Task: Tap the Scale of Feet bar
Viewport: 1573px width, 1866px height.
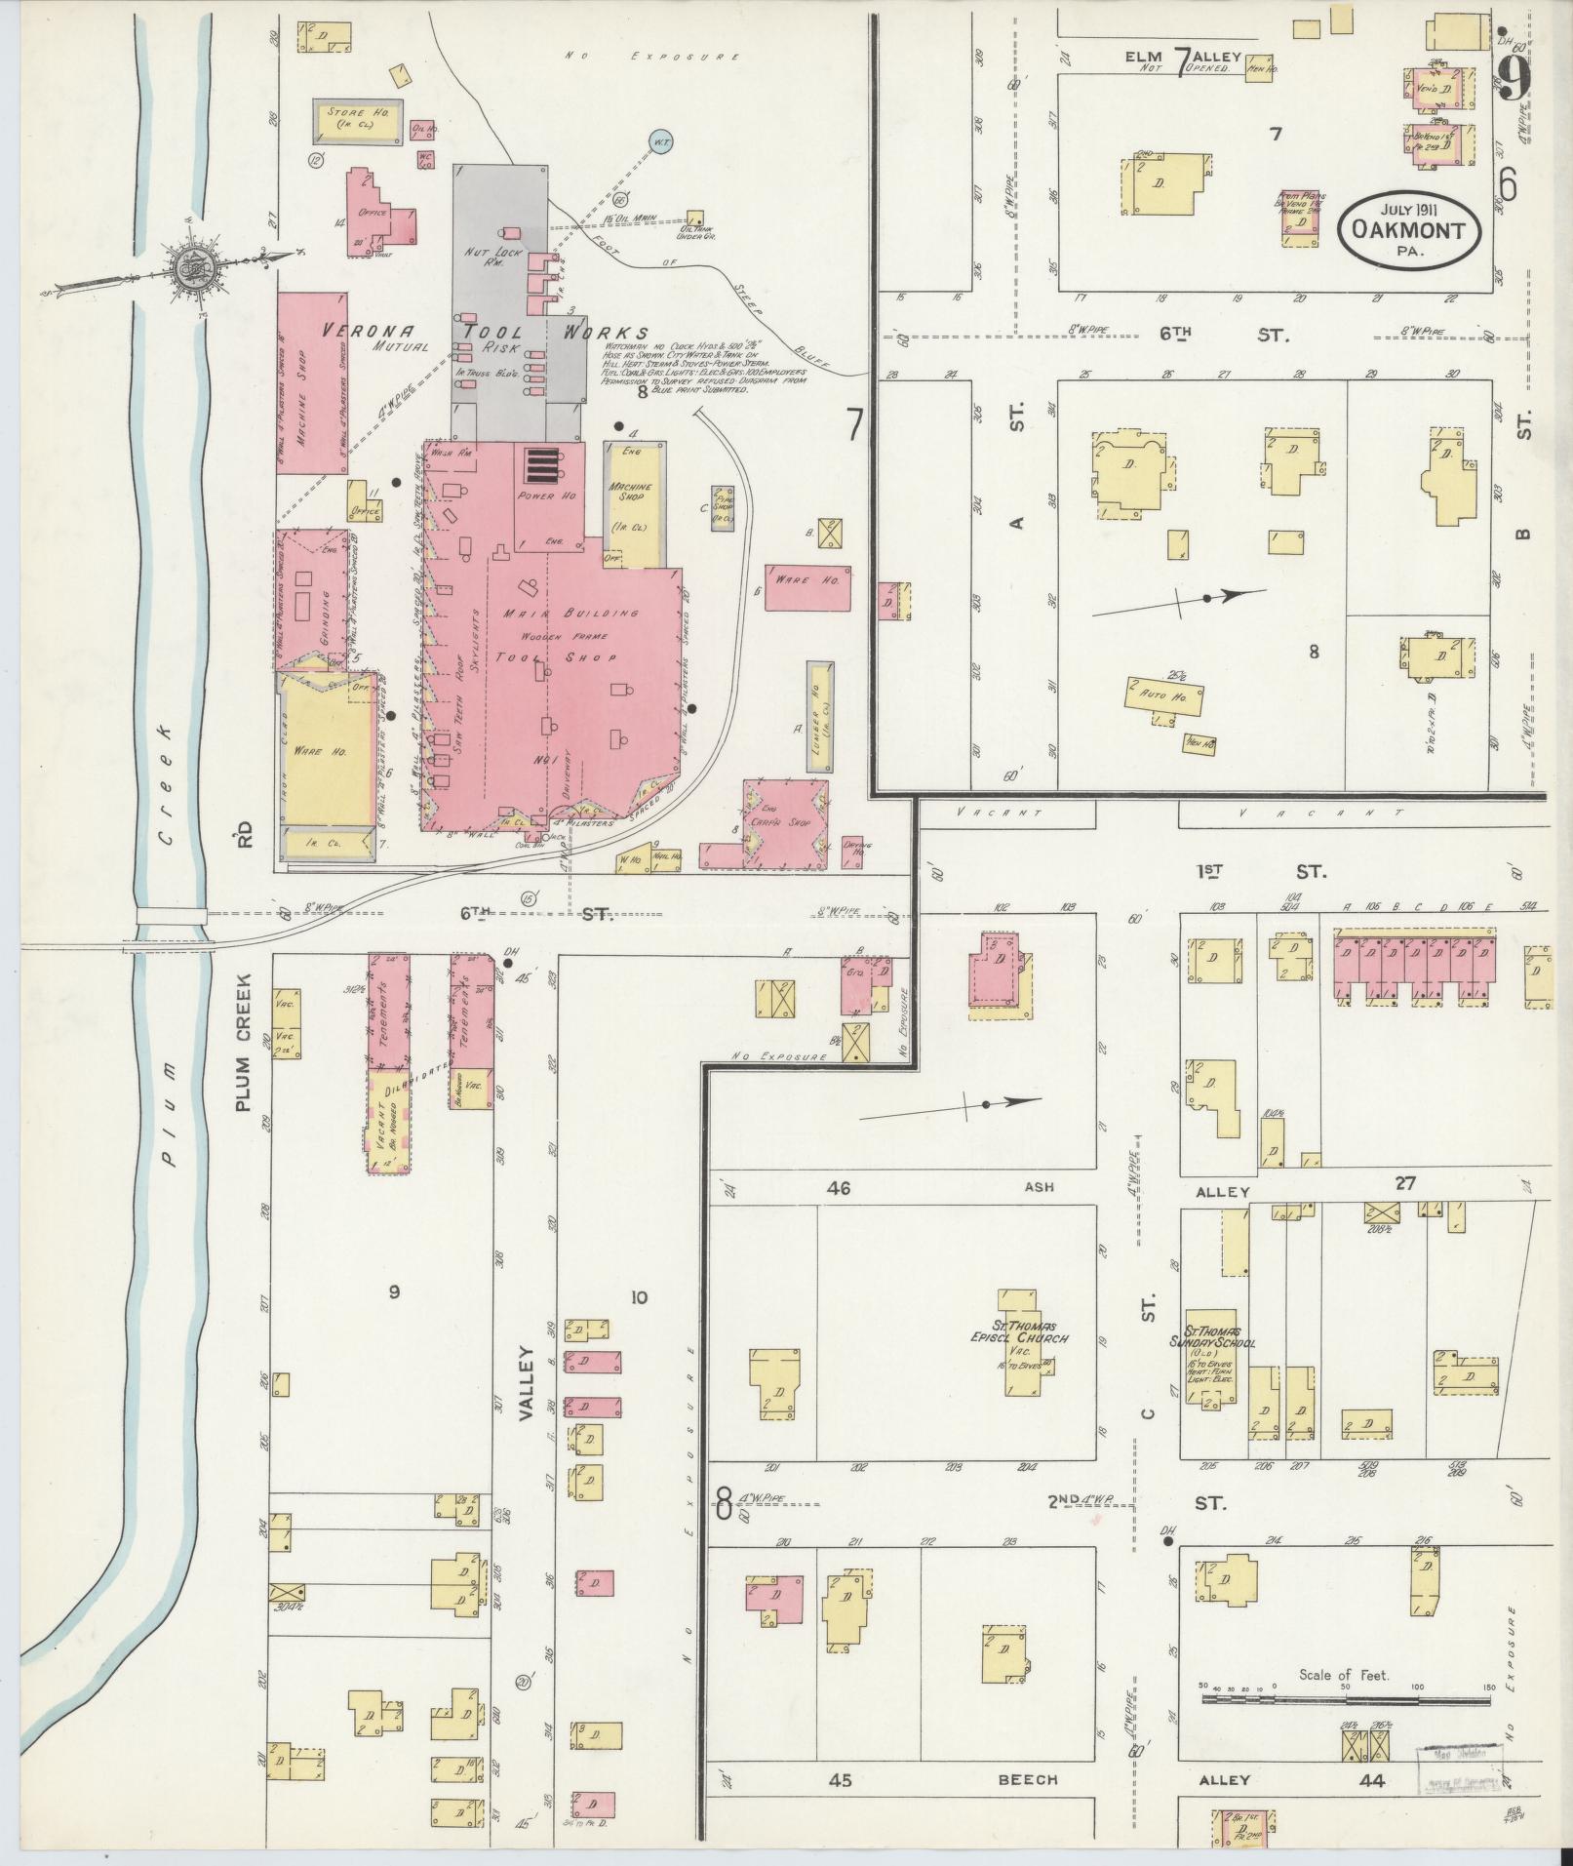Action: pos(1345,1699)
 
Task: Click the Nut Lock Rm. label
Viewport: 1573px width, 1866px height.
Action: pos(490,258)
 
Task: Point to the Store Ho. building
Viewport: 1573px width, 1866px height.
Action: pos(357,120)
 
